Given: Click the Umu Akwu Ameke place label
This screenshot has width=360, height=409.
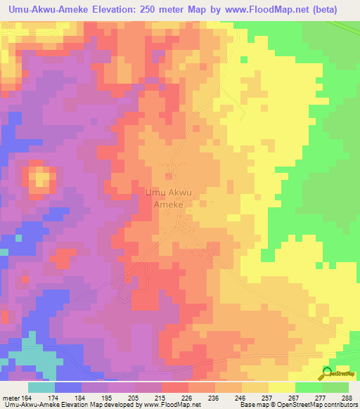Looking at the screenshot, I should click(168, 197).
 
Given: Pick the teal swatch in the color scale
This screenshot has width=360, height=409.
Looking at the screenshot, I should click(41, 387).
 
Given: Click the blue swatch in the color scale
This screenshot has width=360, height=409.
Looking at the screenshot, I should click(68, 387).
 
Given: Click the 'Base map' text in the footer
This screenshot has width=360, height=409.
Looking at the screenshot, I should click(252, 404).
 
